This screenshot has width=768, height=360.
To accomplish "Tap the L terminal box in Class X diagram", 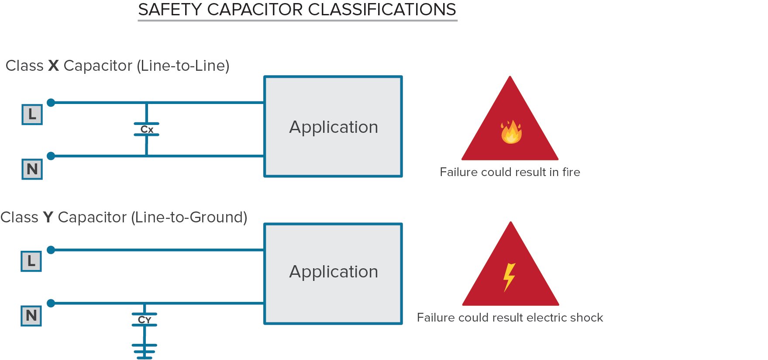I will (32, 114).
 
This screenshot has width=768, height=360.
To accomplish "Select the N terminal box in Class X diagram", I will (32, 169).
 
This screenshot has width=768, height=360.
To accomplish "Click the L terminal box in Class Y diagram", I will (31, 261).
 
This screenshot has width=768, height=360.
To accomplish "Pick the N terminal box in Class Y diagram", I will (31, 315).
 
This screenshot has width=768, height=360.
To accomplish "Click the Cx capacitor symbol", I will (147, 129).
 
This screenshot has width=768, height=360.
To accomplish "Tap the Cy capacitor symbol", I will (145, 320).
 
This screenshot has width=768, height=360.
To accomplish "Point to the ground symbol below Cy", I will (145, 351).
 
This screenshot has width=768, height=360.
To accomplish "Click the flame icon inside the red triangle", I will (511, 132).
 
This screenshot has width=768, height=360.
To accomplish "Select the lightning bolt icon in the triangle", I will (509, 277).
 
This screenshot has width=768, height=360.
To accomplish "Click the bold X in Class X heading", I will (53, 66).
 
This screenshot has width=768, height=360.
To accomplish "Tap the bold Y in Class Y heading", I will (48, 217).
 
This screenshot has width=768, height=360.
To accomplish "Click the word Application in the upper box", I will (334, 127).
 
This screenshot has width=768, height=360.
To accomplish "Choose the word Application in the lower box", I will (334, 272).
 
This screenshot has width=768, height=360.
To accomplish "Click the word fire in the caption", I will (571, 172).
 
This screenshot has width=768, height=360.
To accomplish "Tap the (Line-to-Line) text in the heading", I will (183, 66).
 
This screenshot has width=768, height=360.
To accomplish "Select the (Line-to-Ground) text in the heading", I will (189, 217).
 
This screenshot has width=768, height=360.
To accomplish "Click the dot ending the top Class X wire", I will (51, 103).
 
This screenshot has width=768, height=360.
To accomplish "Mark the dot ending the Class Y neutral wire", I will (51, 303).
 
